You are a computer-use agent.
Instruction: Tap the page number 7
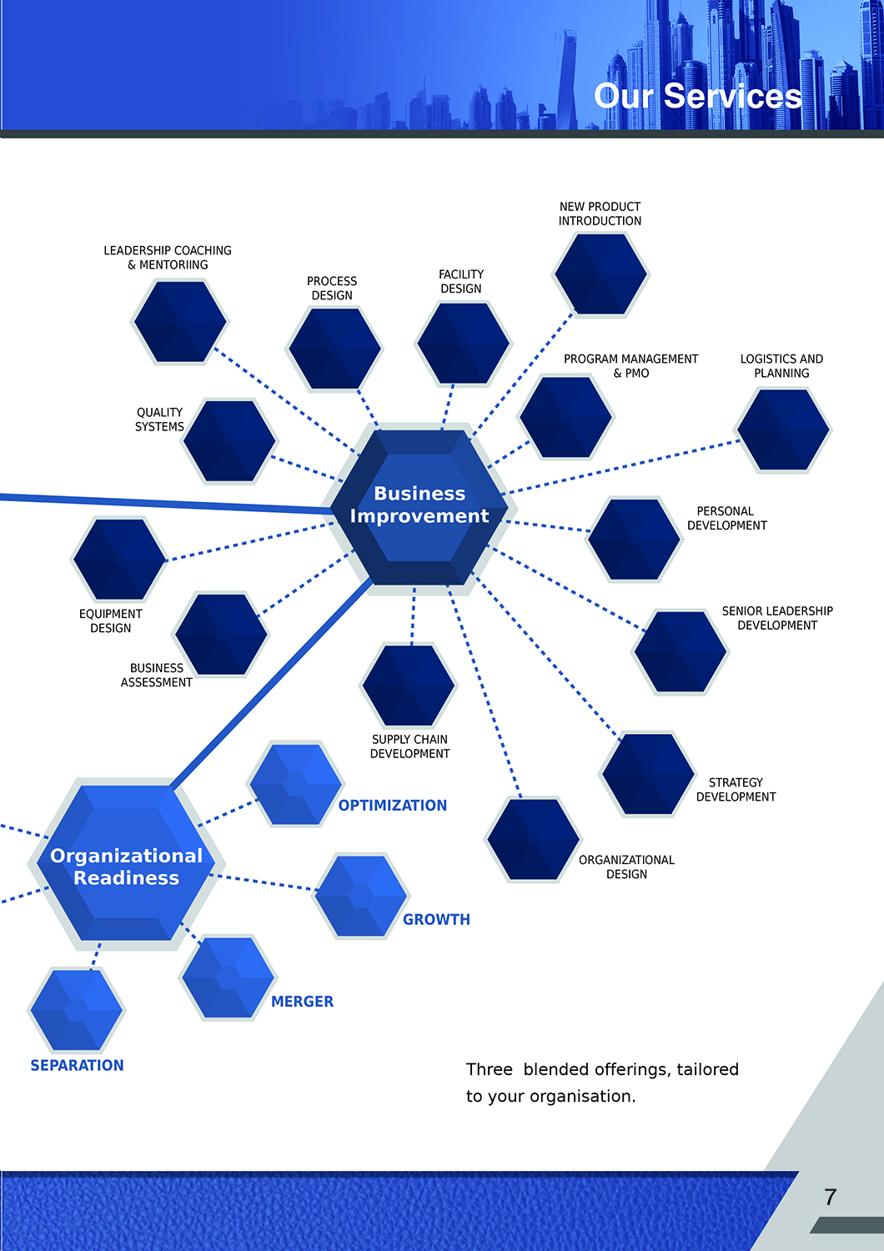point(830,1198)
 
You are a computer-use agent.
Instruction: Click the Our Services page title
point(698,96)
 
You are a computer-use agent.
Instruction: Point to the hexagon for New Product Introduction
point(600,274)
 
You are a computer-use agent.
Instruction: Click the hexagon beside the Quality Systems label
point(229,441)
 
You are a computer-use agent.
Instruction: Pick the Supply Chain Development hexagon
point(409,685)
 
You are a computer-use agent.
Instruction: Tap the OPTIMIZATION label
point(393,806)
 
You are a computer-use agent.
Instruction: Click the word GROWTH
point(436,920)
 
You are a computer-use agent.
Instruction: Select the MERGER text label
point(302,1002)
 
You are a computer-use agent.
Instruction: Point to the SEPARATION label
point(77,1066)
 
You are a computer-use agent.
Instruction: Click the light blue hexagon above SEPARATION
point(77,1010)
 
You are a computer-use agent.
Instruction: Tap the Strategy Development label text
point(736,790)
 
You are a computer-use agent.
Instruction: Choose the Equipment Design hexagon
point(119,559)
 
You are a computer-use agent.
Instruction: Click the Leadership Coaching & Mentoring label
point(168,258)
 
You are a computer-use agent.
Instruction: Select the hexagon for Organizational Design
point(533,839)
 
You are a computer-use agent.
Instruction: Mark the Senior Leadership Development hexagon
point(681,652)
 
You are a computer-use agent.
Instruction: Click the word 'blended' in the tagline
point(555,1070)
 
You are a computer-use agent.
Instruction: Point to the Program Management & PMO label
point(630,366)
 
